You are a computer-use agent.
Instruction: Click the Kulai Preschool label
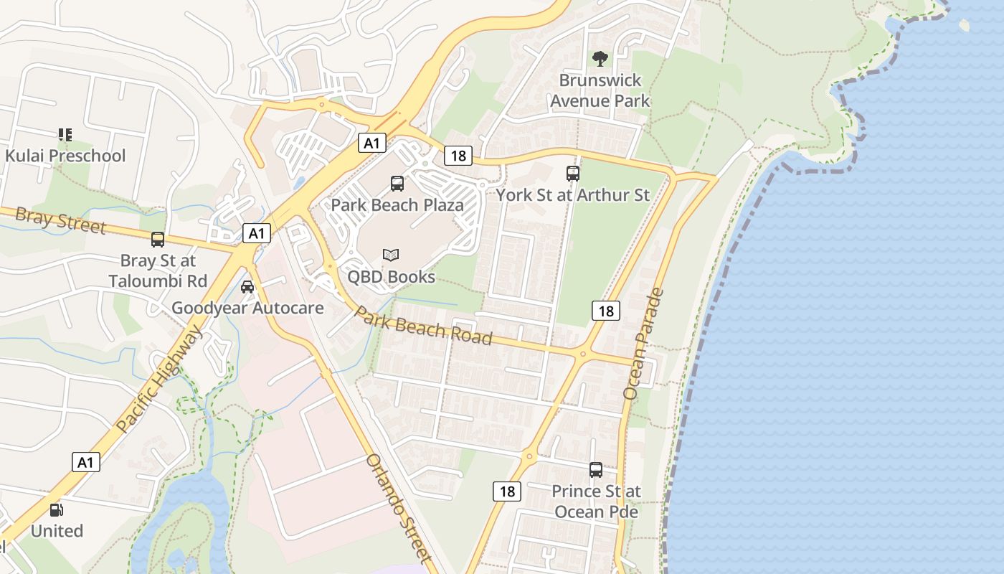point(65,156)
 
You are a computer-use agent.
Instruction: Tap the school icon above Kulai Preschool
point(65,134)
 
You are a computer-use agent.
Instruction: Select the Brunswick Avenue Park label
point(600,90)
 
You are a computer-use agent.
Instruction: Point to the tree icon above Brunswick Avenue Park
point(600,58)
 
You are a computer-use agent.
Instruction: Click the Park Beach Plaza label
point(397,204)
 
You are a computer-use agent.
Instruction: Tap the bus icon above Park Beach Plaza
point(397,184)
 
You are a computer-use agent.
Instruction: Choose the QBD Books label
point(391,276)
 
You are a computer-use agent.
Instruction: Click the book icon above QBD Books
point(391,255)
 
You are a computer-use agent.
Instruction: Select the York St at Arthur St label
point(573,194)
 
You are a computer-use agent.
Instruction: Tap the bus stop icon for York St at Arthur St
point(572,173)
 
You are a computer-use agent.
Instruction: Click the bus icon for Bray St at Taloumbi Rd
point(158,240)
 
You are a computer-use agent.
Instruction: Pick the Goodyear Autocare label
point(247,309)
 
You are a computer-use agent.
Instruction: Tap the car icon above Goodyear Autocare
point(247,287)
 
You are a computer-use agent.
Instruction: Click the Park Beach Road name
point(424,326)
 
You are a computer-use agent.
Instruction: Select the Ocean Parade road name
point(644,344)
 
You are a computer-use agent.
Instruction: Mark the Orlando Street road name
point(399,508)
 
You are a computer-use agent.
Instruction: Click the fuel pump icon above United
point(56,510)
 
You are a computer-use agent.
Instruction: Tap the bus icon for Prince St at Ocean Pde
point(596,470)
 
